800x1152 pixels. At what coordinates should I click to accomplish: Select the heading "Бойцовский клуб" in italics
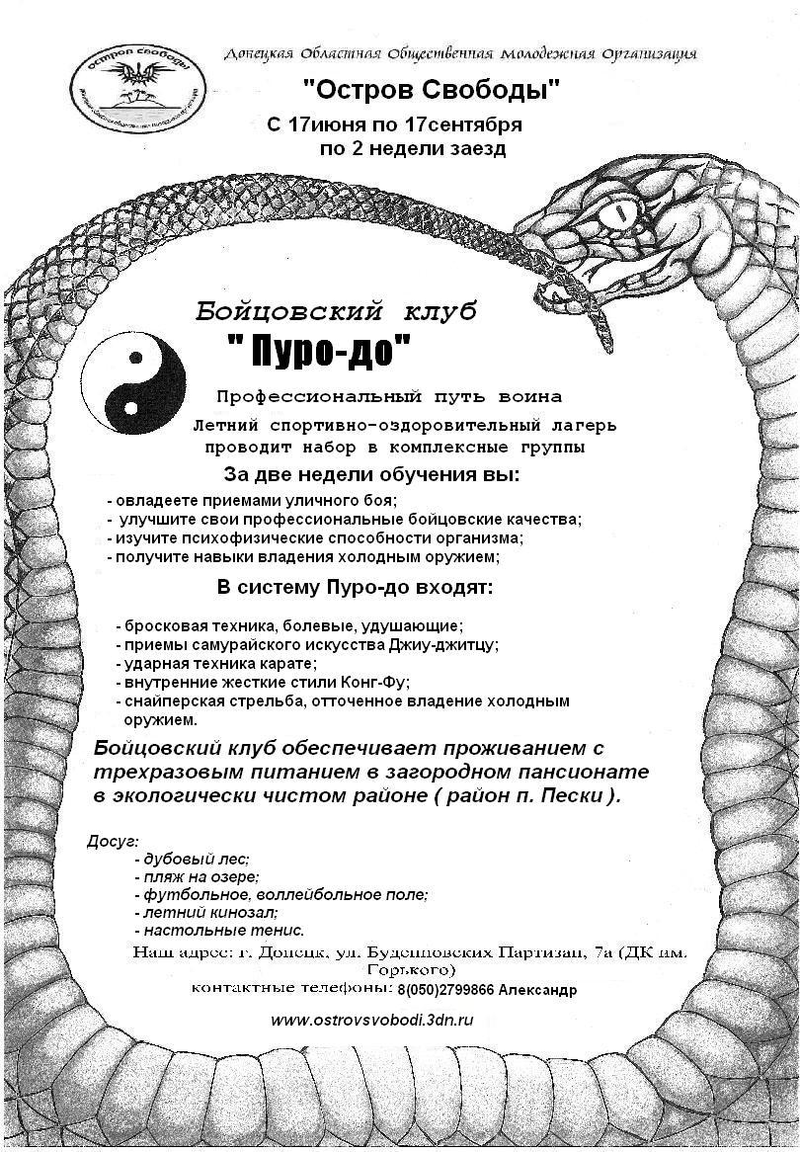coord(336,312)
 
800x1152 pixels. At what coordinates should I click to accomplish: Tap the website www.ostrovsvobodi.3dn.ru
coord(372,1020)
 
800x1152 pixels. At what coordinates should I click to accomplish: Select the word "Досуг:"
coord(114,841)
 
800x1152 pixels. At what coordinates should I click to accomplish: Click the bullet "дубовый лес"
coord(193,860)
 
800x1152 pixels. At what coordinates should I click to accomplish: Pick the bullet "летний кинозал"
coord(206,913)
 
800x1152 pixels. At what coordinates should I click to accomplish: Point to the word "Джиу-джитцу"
coord(447,644)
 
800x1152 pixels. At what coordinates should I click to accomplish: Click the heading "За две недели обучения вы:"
coord(371,473)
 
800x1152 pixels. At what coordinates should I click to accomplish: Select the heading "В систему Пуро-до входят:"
coord(355,589)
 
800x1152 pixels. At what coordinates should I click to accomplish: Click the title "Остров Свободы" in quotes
coord(431,90)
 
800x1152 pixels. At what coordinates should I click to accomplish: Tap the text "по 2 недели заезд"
coord(413,149)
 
